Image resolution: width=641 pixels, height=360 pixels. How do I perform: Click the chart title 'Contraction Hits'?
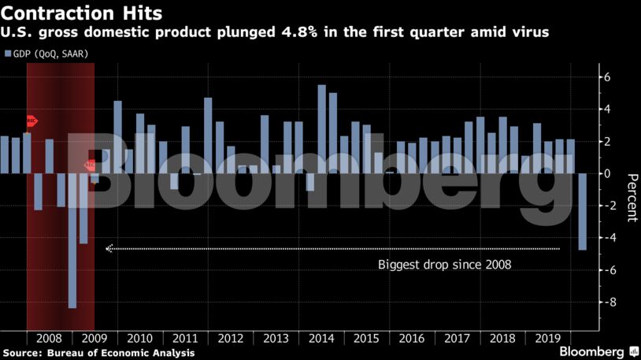pos(82,13)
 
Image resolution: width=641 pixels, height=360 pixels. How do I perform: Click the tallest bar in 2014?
pos(321,129)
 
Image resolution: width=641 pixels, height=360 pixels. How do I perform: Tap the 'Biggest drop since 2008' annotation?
pos(445,265)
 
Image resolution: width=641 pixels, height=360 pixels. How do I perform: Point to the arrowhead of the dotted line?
pos(109,248)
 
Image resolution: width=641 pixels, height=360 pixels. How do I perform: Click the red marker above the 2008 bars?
pos(31,121)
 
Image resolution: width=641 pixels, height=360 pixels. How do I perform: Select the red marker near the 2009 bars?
pos(91,165)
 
